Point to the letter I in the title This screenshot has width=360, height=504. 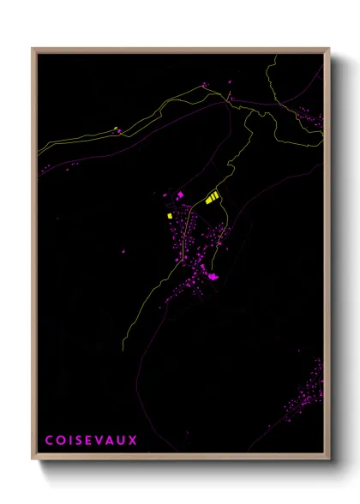click(x=69, y=440)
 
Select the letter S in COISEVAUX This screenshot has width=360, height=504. click(x=77, y=440)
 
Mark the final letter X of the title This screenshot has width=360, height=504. click(x=133, y=440)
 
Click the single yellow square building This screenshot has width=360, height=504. click(x=170, y=215)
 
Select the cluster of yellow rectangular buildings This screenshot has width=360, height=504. click(x=210, y=198)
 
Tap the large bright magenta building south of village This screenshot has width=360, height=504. click(x=213, y=276)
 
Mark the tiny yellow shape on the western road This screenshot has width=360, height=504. click(x=115, y=129)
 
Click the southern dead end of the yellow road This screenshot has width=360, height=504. click(x=123, y=351)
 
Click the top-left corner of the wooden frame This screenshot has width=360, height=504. click(x=33, y=48)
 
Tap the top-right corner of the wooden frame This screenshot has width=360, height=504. click(x=329, y=48)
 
